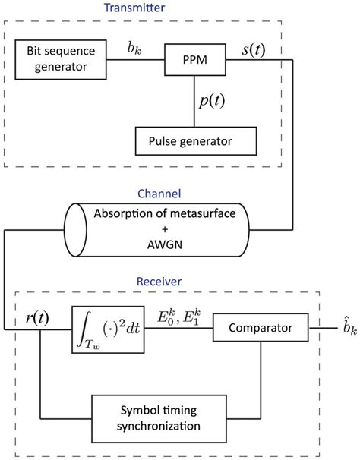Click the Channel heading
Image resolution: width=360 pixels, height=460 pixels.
pyautogui.click(x=157, y=194)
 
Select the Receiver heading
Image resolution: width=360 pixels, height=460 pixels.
pyautogui.click(x=157, y=282)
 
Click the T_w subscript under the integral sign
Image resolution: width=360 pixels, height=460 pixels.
pyautogui.click(x=86, y=345)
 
